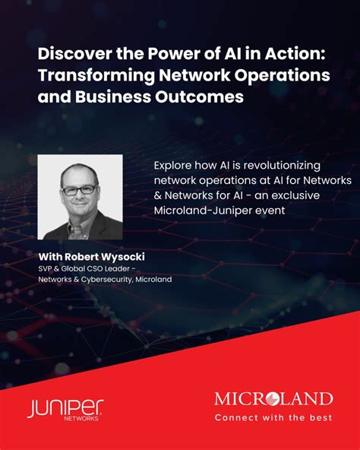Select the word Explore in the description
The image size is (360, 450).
pos(173,165)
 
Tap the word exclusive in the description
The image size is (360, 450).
pos(295,195)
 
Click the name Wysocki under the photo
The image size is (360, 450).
pos(120,257)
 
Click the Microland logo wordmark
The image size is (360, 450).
pos(273,399)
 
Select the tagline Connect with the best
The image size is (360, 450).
pos(273,417)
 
